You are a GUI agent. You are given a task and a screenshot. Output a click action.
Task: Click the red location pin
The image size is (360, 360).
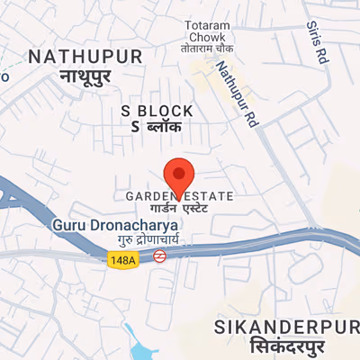tap(178, 175)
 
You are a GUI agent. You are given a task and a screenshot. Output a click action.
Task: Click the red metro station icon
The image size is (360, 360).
tap(158, 256)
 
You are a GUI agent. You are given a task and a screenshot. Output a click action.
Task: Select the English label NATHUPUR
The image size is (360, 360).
tap(85, 57)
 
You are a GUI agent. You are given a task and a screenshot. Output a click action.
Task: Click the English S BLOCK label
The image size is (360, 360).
tap(157, 111)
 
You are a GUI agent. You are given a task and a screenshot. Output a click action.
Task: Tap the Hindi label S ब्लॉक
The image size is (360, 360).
tap(157, 127)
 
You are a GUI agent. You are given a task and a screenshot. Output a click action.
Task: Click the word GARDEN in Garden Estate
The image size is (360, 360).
tap(148, 195)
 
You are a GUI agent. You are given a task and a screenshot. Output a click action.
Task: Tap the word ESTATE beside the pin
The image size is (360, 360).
tap(211, 195)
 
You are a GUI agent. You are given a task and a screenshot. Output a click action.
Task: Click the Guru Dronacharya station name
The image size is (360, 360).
tap(112, 223)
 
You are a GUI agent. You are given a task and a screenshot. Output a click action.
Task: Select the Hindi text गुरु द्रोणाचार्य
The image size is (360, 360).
tap(148, 238)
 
